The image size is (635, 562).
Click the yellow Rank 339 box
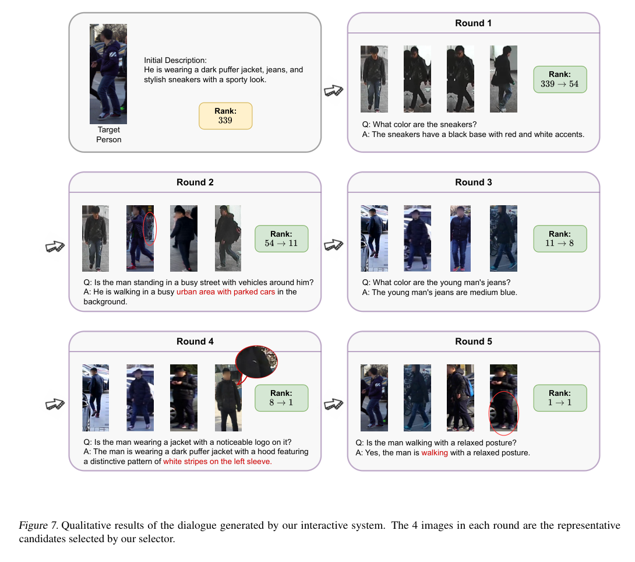(x=225, y=115)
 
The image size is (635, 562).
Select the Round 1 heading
(x=473, y=23)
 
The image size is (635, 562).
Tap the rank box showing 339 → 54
(x=560, y=80)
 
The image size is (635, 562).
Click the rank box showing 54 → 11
(x=281, y=238)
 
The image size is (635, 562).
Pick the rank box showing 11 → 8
(x=560, y=238)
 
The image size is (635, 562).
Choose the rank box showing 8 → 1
(x=281, y=398)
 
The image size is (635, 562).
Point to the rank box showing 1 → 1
(x=560, y=398)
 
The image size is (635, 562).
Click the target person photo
(x=108, y=73)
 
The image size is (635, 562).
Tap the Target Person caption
(x=109, y=135)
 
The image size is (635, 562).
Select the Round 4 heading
(x=195, y=342)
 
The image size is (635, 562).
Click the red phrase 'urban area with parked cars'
(x=225, y=292)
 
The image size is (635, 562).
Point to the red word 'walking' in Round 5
(x=434, y=452)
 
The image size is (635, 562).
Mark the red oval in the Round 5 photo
(x=503, y=412)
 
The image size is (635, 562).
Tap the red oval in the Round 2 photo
(x=149, y=228)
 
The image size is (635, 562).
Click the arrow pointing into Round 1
(x=333, y=91)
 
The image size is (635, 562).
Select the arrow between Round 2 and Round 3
(x=333, y=245)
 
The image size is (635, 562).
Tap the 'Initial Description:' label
(x=175, y=60)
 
